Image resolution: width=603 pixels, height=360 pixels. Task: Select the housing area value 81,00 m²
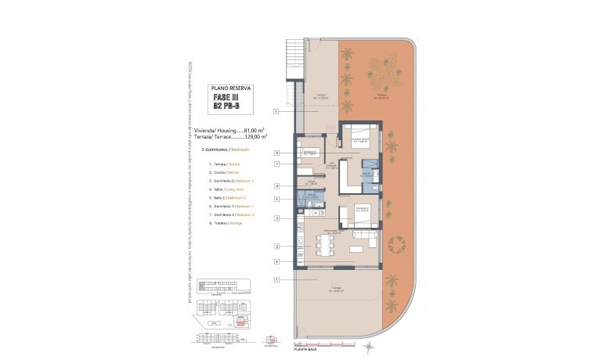coord(254,131)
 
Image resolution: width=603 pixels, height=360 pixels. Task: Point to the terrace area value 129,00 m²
coord(254,137)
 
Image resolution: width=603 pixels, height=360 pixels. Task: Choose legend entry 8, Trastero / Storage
coord(226,223)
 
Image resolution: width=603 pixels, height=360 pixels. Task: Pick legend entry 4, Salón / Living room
coord(227,189)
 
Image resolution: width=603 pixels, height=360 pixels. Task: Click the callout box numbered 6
coord(277,153)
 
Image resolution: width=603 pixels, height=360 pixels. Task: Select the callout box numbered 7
coord(277,164)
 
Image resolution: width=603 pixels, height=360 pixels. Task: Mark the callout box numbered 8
coord(277,185)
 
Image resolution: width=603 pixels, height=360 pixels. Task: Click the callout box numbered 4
coord(277,261)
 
